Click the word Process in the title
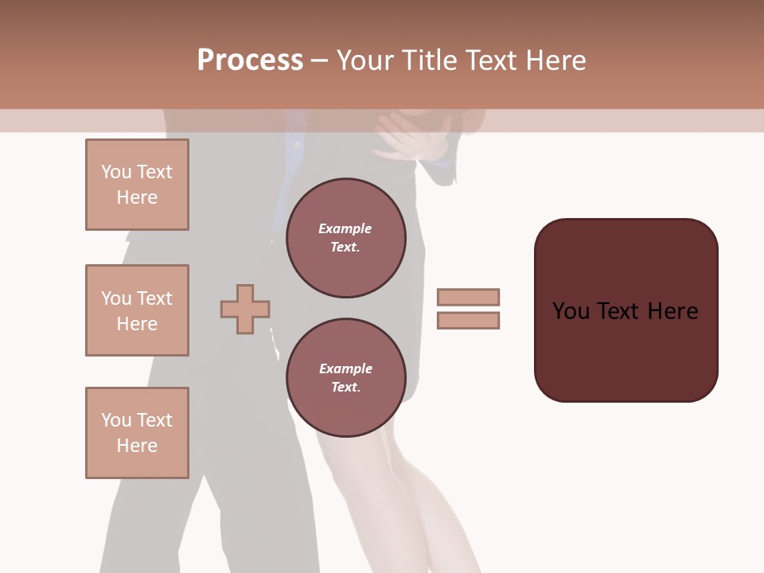pyautogui.click(x=250, y=60)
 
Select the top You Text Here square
pyautogui.click(x=137, y=185)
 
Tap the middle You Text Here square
pyautogui.click(x=137, y=310)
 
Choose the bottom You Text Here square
pyautogui.click(x=137, y=433)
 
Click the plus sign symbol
pyautogui.click(x=245, y=309)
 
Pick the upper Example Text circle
pyautogui.click(x=346, y=238)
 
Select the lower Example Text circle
pyautogui.click(x=346, y=378)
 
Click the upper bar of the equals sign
pyautogui.click(x=469, y=297)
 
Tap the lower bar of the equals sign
pyautogui.click(x=469, y=320)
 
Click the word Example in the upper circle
pyautogui.click(x=345, y=228)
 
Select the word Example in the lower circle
pyautogui.click(x=345, y=368)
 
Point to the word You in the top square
pyautogui.click(x=116, y=172)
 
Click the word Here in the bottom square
pyautogui.click(x=137, y=446)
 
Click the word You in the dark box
pyautogui.click(x=571, y=311)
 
